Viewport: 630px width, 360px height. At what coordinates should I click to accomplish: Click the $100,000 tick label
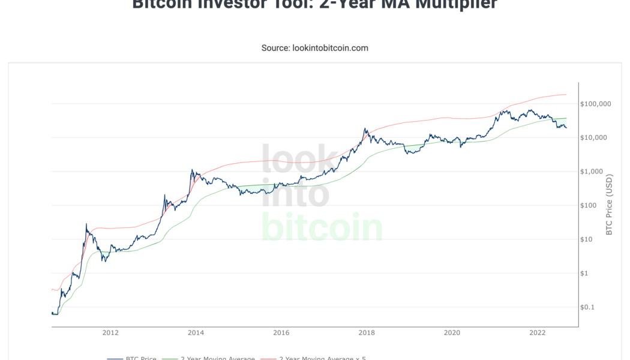click(595, 104)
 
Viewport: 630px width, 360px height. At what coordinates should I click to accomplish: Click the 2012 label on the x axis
click(110, 332)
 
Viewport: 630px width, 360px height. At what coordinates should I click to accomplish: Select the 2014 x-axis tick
click(195, 332)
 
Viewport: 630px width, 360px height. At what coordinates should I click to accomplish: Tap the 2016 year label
click(281, 332)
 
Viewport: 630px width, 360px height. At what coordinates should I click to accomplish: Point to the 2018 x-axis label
click(367, 332)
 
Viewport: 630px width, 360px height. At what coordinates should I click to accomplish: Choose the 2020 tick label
click(452, 332)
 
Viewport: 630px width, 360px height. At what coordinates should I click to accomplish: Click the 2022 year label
click(537, 332)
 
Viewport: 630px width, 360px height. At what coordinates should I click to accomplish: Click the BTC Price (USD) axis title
click(609, 205)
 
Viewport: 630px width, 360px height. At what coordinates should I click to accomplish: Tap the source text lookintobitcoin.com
click(314, 47)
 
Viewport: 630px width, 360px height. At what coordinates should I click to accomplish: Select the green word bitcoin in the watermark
click(322, 227)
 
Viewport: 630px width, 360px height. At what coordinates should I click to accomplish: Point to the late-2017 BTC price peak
click(365, 128)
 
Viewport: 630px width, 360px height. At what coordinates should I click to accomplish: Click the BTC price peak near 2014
click(192, 170)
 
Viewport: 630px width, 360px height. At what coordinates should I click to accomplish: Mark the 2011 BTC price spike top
click(86, 224)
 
